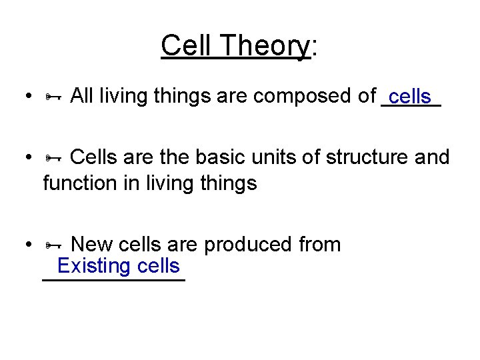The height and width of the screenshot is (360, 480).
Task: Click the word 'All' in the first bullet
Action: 81,96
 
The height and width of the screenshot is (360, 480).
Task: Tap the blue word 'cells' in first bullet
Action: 409,97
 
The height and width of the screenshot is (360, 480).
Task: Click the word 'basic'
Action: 219,157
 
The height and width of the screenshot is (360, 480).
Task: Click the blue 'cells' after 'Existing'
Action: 157,267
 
